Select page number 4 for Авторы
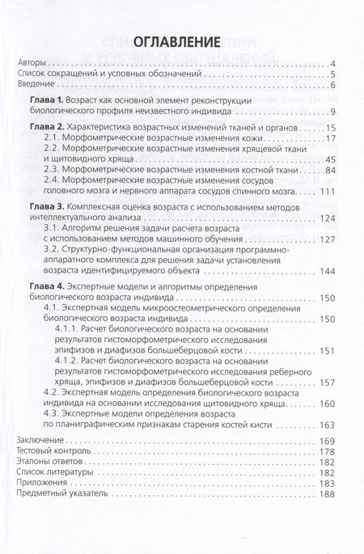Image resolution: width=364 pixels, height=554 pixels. [x=333, y=63]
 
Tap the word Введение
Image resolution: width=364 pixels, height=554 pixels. [x=36, y=85]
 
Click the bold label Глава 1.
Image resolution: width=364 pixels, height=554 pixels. [x=55, y=99]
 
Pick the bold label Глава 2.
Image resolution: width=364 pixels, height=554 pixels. [x=55, y=129]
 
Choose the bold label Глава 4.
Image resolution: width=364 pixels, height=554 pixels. [x=55, y=286]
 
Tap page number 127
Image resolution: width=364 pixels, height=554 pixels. [x=327, y=239]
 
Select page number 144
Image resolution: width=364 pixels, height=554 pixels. [x=327, y=271]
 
